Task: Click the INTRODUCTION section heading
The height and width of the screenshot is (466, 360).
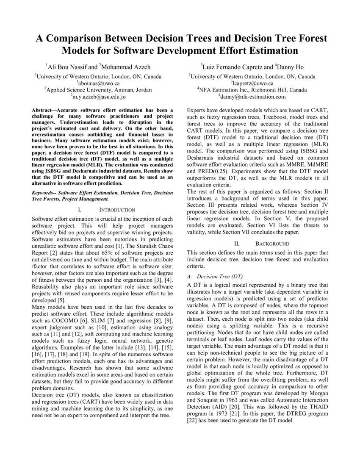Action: click(117, 210)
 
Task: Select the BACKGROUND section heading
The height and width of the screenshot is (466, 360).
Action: click(272, 244)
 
